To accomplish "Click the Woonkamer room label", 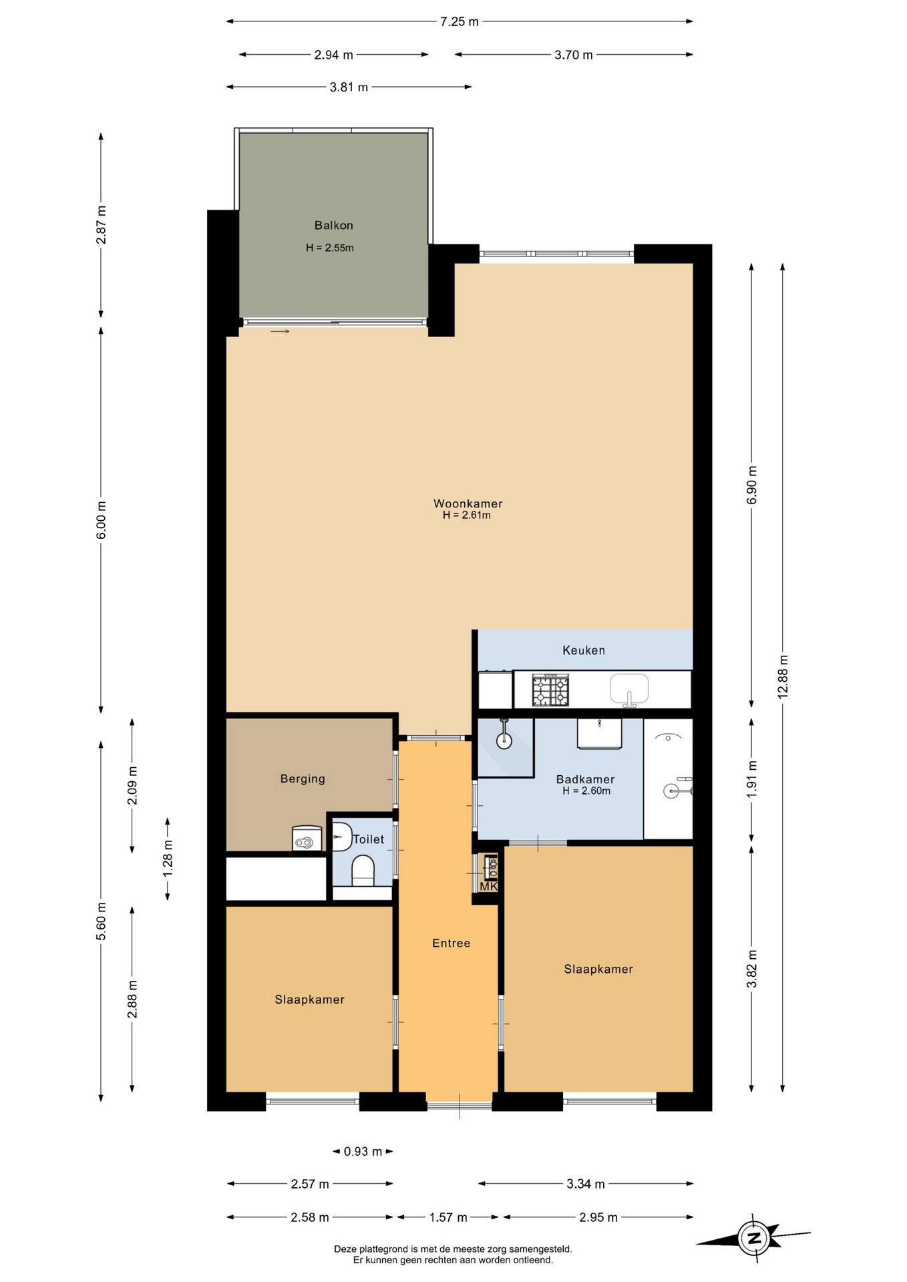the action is pyautogui.click(x=468, y=503).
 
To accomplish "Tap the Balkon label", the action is pyautogui.click(x=334, y=226).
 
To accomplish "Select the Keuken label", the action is pyautogui.click(x=584, y=650).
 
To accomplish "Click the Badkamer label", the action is pyautogui.click(x=585, y=779).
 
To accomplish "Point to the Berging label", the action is pyautogui.click(x=303, y=779).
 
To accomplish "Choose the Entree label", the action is pyautogui.click(x=451, y=943).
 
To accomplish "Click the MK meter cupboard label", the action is pyautogui.click(x=488, y=886).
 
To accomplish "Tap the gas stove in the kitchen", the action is pyautogui.click(x=551, y=690).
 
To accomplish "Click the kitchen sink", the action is pyautogui.click(x=629, y=690).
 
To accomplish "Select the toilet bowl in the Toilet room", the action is pyautogui.click(x=363, y=871).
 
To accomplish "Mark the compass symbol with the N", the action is pyautogui.click(x=754, y=1239).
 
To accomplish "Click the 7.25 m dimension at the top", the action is pyautogui.click(x=460, y=21).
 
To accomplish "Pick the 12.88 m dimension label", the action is pyautogui.click(x=783, y=677).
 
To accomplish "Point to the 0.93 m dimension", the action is pyautogui.click(x=363, y=1151).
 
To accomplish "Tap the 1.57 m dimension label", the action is pyautogui.click(x=448, y=1217).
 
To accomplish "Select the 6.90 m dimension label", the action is pyautogui.click(x=752, y=485).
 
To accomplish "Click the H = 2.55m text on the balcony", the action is pyautogui.click(x=330, y=248).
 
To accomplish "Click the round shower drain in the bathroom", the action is pyautogui.click(x=504, y=740).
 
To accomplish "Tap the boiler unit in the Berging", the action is pyautogui.click(x=307, y=839).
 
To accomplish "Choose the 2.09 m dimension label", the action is pyautogui.click(x=132, y=785).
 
